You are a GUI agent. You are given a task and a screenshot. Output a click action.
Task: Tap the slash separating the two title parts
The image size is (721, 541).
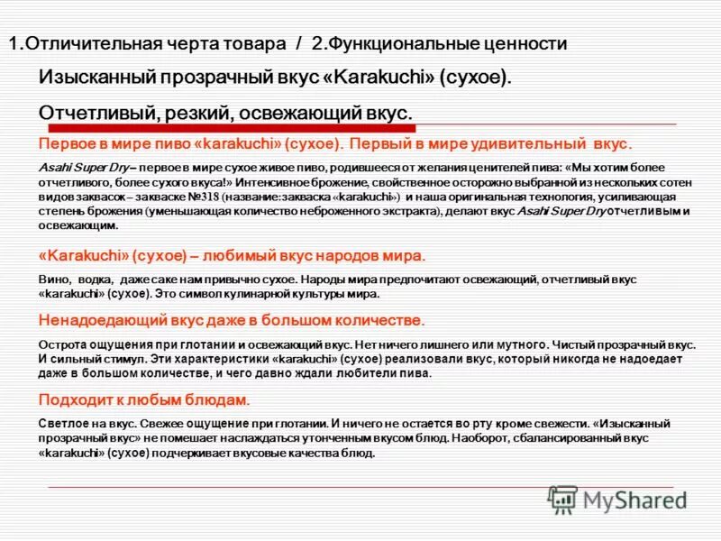pyautogui.click(x=298, y=44)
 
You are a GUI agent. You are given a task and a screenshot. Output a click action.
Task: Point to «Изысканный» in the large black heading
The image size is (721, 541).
pyautogui.click(x=98, y=78)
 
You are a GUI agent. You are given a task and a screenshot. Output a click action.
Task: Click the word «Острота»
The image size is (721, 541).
pyautogui.click(x=61, y=344)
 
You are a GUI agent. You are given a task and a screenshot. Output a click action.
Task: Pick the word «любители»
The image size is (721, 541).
pyautogui.click(x=361, y=371)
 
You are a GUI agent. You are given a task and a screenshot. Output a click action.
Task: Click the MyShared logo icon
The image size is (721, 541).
pyautogui.click(x=563, y=499)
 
